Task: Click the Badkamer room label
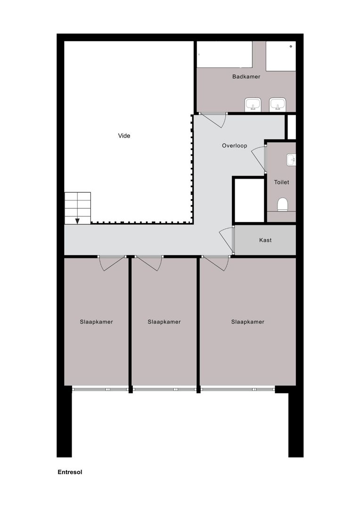coord(246,76)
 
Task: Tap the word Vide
coord(124,136)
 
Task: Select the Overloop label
coord(235,146)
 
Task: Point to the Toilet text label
coord(282,182)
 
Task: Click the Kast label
coord(265,240)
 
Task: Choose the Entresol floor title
coord(70,472)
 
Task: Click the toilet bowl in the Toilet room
coord(282,204)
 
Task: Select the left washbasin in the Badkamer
coord(253,104)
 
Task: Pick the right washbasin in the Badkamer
coord(278,104)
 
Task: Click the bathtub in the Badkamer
coord(224,55)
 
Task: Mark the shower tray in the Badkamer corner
coord(281,56)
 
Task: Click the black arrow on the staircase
coord(77,221)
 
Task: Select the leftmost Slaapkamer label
coord(96,322)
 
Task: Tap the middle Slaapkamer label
coord(164,322)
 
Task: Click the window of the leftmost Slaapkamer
coord(100,389)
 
